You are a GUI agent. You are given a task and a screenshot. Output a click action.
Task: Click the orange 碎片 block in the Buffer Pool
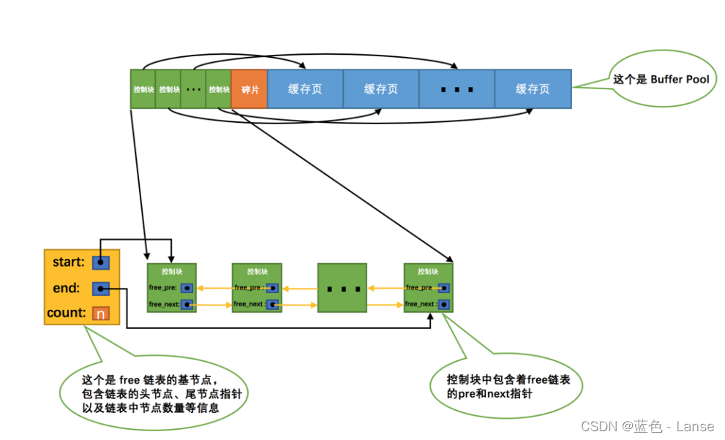tap(249, 89)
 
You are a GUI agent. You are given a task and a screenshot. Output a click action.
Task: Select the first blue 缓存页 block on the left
tap(305, 89)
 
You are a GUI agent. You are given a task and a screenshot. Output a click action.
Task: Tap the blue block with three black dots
tap(457, 89)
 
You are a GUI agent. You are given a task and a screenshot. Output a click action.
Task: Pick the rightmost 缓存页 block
tap(533, 89)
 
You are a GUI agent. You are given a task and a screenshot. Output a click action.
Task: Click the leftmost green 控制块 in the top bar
tap(143, 89)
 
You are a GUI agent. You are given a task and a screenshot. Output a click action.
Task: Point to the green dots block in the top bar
tap(193, 89)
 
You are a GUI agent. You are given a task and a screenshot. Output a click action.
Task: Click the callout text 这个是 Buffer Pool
tap(661, 79)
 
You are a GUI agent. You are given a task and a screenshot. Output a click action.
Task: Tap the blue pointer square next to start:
tap(101, 262)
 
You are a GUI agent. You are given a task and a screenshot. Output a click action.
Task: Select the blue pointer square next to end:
tap(101, 289)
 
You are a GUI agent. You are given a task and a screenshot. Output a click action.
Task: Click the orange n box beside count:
tap(101, 314)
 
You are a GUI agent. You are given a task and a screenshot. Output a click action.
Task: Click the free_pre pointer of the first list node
tap(187, 288)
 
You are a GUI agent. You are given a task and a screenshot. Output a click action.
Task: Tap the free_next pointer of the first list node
tap(187, 304)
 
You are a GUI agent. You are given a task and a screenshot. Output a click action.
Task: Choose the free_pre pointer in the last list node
tap(444, 288)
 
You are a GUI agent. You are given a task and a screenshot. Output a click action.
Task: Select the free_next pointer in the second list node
tap(272, 304)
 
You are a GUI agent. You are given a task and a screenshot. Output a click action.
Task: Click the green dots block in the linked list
tap(342, 288)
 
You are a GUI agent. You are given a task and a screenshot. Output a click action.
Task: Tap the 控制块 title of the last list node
tap(428, 271)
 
